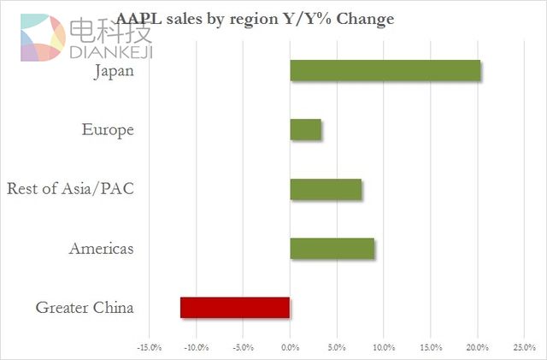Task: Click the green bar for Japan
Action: point(385,71)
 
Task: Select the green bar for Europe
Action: point(306,130)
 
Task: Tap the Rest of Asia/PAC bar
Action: point(326,189)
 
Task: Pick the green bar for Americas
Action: point(332,248)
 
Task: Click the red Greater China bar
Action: point(235,307)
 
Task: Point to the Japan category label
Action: point(114,71)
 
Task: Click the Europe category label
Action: point(108,130)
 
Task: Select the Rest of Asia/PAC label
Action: point(70,189)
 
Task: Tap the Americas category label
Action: point(101,249)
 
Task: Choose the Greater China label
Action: point(85,308)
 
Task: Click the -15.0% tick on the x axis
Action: point(149,347)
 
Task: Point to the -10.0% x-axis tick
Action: point(196,347)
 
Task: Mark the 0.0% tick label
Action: point(290,347)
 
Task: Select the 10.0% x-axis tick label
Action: point(383,347)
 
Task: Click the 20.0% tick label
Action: point(477,347)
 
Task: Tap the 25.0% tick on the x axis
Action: point(523,347)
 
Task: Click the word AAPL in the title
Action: point(140,17)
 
